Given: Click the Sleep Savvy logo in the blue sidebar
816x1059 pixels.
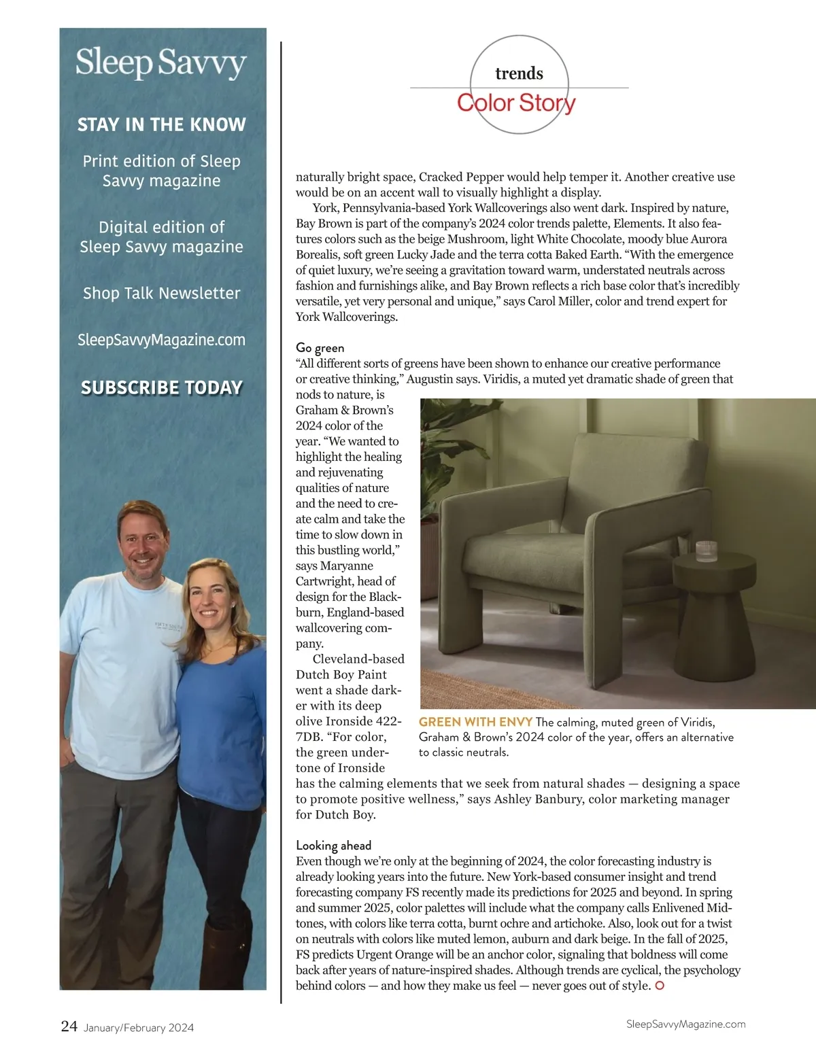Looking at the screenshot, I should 161,63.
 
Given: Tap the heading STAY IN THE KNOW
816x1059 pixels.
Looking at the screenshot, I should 162,125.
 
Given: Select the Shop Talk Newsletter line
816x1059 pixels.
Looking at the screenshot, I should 162,294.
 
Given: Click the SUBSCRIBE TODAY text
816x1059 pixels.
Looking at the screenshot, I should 162,387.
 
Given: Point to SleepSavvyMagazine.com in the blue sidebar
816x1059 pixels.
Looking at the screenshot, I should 162,340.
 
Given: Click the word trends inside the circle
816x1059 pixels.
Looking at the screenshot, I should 519,73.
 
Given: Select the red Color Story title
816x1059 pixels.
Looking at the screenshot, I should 516,103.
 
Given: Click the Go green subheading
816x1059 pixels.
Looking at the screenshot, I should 320,348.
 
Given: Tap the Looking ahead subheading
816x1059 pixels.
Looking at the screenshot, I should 333,846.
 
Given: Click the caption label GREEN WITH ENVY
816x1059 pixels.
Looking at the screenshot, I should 475,722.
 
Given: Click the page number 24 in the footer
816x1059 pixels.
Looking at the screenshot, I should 69,1026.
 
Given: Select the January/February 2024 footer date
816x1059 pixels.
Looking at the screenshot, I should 139,1028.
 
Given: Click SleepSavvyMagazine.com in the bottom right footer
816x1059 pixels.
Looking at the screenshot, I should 685,1024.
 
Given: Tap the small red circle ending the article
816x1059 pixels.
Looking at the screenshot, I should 659,986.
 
